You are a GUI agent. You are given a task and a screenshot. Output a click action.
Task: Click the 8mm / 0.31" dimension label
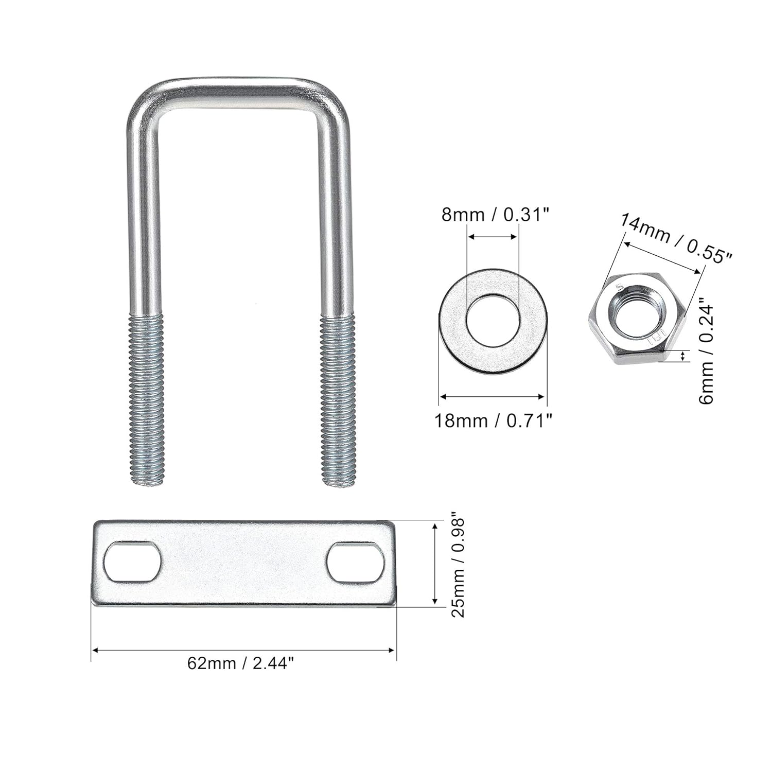[x=493, y=214]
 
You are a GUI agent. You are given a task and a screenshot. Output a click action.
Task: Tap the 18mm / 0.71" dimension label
[x=493, y=420]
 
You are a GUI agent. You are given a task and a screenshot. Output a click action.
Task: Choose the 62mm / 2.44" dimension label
[x=241, y=663]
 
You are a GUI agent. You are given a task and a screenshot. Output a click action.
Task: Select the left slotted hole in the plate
[x=133, y=562]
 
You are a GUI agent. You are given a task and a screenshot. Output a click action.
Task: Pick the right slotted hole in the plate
[x=356, y=563]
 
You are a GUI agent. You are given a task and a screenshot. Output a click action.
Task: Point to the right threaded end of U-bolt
[x=337, y=399]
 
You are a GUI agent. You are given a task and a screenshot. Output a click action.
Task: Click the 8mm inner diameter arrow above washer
[x=493, y=237]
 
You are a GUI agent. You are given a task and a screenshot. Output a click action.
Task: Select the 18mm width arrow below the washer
[x=493, y=396]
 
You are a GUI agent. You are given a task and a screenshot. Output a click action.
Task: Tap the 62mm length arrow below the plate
[x=243, y=651]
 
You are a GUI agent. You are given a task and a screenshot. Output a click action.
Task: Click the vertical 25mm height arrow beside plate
[x=435, y=564]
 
